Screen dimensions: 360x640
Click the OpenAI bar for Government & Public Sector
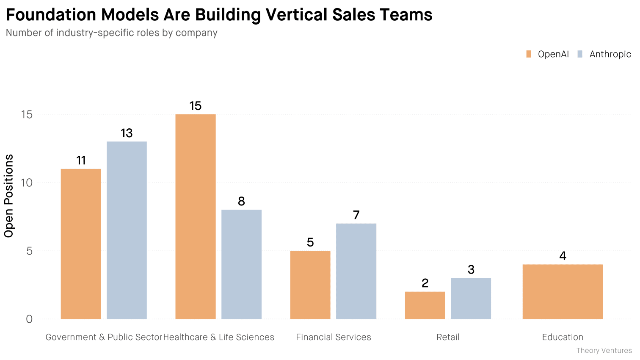point(81,244)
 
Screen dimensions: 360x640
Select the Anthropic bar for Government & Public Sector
point(127,230)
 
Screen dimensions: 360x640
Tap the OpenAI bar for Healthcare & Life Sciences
point(196,216)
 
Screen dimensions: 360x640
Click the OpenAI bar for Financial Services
point(310,285)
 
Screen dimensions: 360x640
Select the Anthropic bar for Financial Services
point(356,271)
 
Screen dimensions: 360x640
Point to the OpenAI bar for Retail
point(425,305)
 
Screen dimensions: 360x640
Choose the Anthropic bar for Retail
point(471,298)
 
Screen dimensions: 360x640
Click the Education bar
point(563,291)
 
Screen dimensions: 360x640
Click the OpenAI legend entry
point(548,54)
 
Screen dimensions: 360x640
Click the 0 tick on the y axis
point(29,319)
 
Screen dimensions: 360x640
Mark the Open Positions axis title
point(9,196)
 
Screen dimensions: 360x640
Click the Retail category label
point(448,337)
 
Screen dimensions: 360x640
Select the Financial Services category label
point(334,337)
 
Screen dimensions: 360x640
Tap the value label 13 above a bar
point(127,133)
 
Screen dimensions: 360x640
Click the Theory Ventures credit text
point(604,351)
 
